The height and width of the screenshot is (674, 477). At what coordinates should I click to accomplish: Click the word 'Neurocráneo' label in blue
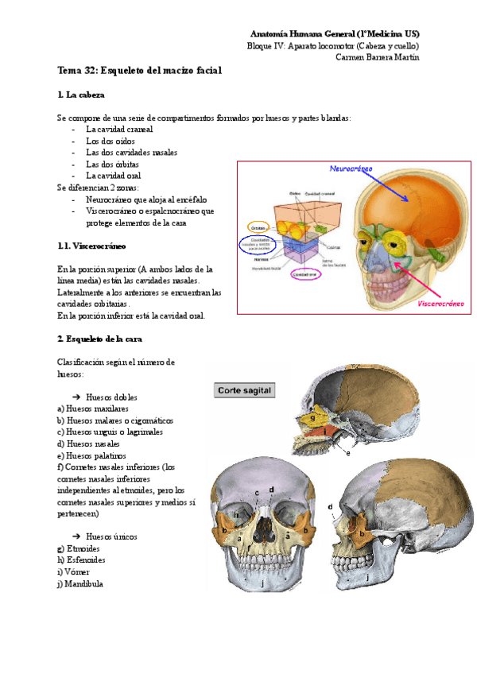351,169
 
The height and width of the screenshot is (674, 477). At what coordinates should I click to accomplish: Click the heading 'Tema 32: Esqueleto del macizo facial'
139,71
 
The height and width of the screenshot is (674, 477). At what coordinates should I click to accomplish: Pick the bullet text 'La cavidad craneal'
119,129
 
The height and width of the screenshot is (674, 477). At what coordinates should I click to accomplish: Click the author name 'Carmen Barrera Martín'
378,56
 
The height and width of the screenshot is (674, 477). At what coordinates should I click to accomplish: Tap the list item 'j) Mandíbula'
79,583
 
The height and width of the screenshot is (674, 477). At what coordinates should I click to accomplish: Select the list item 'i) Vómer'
73,571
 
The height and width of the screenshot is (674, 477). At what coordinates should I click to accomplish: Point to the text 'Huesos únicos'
111,536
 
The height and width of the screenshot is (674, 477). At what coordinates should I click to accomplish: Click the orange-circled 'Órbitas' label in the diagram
257,226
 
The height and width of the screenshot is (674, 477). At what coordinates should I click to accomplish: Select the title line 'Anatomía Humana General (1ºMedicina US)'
335,34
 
